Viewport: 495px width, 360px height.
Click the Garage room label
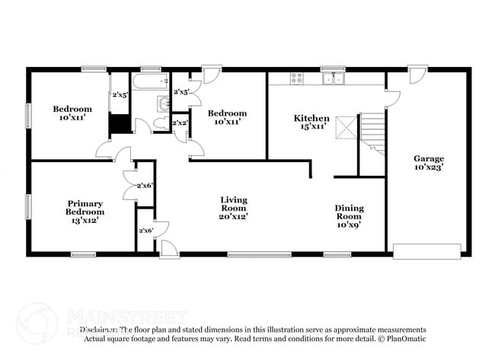(x=428, y=159)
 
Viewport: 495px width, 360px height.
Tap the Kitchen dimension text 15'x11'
(x=312, y=127)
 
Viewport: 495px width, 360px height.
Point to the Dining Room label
(x=350, y=212)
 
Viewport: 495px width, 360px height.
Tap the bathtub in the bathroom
(x=149, y=80)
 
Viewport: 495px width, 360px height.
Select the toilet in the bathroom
(x=160, y=123)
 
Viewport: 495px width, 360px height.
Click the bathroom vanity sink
(x=163, y=104)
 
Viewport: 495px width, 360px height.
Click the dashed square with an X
(x=346, y=126)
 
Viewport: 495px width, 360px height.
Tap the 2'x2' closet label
(x=180, y=123)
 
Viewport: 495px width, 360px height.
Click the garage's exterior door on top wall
(x=417, y=75)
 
